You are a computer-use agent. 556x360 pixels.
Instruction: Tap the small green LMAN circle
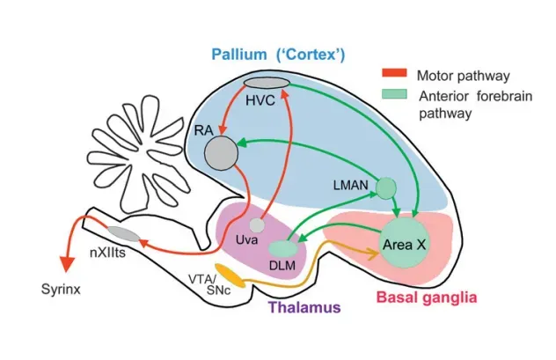click(385, 187)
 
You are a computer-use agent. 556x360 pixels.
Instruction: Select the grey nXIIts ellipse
click(123, 235)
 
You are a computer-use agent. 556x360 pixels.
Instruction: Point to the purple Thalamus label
click(303, 307)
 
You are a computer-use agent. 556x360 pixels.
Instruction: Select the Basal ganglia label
click(427, 298)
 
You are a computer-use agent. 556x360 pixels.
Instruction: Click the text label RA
click(202, 131)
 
